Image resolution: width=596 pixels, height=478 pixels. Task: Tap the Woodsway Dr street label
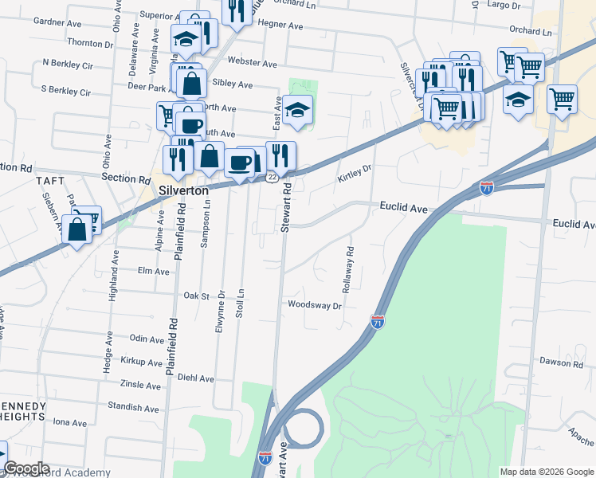[315, 305]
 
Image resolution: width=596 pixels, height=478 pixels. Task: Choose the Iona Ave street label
[69, 423]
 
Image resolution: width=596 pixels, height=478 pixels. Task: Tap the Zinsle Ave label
[140, 385]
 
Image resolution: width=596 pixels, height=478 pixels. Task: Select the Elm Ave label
[154, 271]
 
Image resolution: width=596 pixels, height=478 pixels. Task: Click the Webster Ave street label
[252, 63]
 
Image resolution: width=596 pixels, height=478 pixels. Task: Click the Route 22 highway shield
[272, 177]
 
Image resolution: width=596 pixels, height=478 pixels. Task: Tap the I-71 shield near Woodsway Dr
[378, 323]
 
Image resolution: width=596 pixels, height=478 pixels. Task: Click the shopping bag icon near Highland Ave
[77, 231]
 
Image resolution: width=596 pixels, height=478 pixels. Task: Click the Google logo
[25, 469]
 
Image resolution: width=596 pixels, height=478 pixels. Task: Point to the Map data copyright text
[546, 472]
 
